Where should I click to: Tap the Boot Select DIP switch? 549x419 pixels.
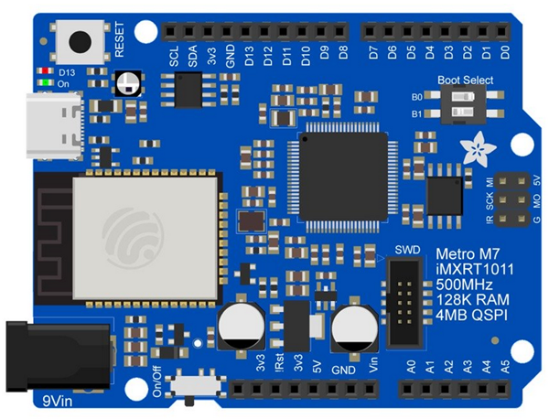pos(449,104)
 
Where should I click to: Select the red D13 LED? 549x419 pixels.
pos(42,70)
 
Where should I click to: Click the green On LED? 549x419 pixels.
pos(42,83)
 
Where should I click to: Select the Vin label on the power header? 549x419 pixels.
pos(373,365)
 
